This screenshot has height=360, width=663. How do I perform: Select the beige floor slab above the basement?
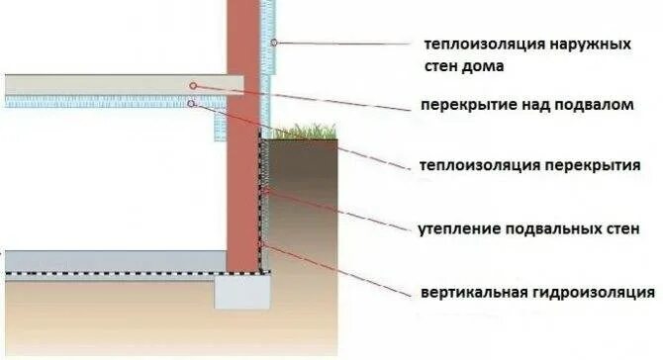coord(119,85)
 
